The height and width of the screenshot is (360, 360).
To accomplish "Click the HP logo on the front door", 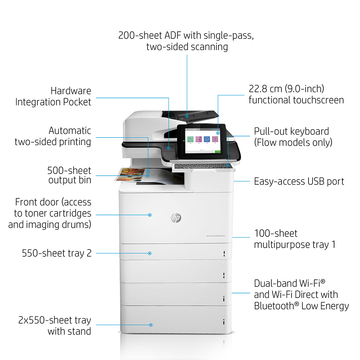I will (x=176, y=218).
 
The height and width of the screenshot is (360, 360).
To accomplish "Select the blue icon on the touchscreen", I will (x=207, y=140).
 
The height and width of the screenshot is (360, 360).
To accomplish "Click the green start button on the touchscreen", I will (x=217, y=152).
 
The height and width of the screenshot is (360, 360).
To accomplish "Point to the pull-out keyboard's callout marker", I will (x=229, y=166).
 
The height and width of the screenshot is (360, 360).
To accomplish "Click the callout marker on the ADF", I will (x=187, y=116).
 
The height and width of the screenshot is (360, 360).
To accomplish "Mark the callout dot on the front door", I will (x=150, y=215).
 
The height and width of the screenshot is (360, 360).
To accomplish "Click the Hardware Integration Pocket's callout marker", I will (x=168, y=148).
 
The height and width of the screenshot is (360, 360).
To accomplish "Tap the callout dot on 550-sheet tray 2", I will (x=150, y=253).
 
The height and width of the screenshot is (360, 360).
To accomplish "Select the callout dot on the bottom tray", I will (x=151, y=325).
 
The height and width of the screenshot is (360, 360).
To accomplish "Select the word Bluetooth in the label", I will (x=274, y=306).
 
